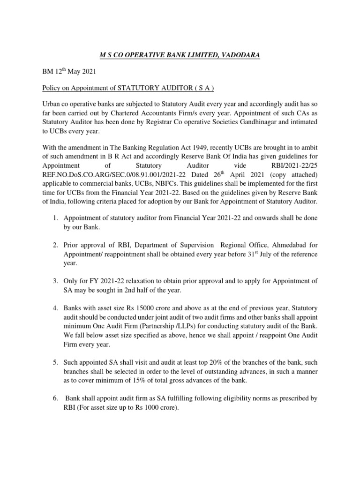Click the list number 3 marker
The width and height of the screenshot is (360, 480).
55,281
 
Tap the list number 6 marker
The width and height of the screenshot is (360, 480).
55,398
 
